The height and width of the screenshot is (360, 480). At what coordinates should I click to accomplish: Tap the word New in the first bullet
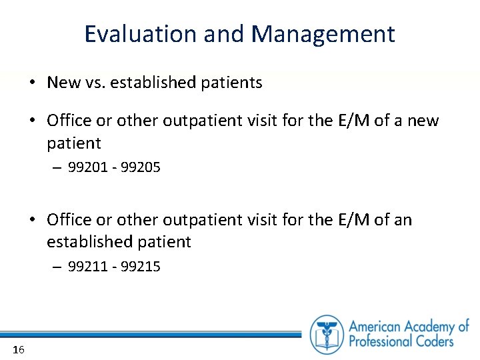point(63,83)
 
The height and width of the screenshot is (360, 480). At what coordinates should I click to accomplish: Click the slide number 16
point(18,350)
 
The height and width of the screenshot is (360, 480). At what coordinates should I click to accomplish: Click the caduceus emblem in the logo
point(327,334)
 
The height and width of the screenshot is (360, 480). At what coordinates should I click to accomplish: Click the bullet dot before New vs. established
point(32,83)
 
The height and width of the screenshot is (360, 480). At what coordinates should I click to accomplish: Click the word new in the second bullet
point(423,121)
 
